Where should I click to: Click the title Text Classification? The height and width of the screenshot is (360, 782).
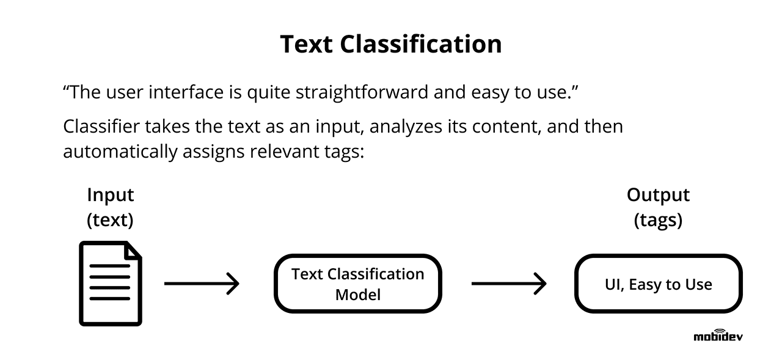[391, 45]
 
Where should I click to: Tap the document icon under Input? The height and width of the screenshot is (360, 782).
[110, 283]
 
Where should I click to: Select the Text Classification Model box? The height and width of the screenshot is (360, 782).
[357, 284]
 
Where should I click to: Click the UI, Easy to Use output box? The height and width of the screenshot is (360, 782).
[658, 284]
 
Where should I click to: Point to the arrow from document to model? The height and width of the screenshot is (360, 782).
[202, 284]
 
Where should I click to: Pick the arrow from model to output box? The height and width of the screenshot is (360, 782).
[508, 284]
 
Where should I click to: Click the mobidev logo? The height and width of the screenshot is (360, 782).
[718, 335]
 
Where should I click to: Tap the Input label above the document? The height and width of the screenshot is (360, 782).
[110, 195]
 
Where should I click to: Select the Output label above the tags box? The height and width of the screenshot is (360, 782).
[658, 195]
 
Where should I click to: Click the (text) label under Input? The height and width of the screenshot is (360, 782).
[110, 220]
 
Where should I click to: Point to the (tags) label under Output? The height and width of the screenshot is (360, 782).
[658, 220]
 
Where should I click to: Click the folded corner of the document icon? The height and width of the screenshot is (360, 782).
[133, 250]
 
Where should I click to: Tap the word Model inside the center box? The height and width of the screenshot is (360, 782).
[357, 295]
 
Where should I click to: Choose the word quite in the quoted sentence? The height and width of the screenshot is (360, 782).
[269, 94]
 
